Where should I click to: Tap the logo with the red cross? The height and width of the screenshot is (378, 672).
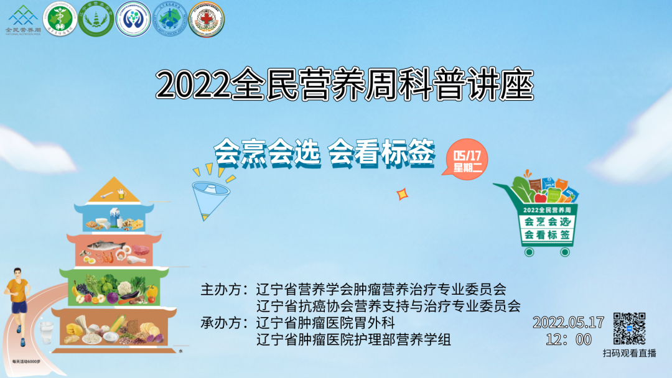pyautogui.click(x=206, y=19)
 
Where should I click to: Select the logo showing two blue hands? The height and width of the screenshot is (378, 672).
pyautogui.click(x=133, y=19)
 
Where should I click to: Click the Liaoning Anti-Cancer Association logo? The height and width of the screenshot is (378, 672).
pyautogui.click(x=170, y=19)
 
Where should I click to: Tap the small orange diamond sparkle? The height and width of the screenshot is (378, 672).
pyautogui.click(x=402, y=195)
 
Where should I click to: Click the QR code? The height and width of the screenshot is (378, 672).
pyautogui.click(x=629, y=328)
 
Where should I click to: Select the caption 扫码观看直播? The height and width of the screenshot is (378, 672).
pyautogui.click(x=629, y=353)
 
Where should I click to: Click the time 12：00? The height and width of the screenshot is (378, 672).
pyautogui.click(x=568, y=339)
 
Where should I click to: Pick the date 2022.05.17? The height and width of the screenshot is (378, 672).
pyautogui.click(x=568, y=323)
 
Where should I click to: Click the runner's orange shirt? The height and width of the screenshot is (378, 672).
pyautogui.click(x=17, y=288)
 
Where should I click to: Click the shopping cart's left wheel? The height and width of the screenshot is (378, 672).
pyautogui.click(x=529, y=252)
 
